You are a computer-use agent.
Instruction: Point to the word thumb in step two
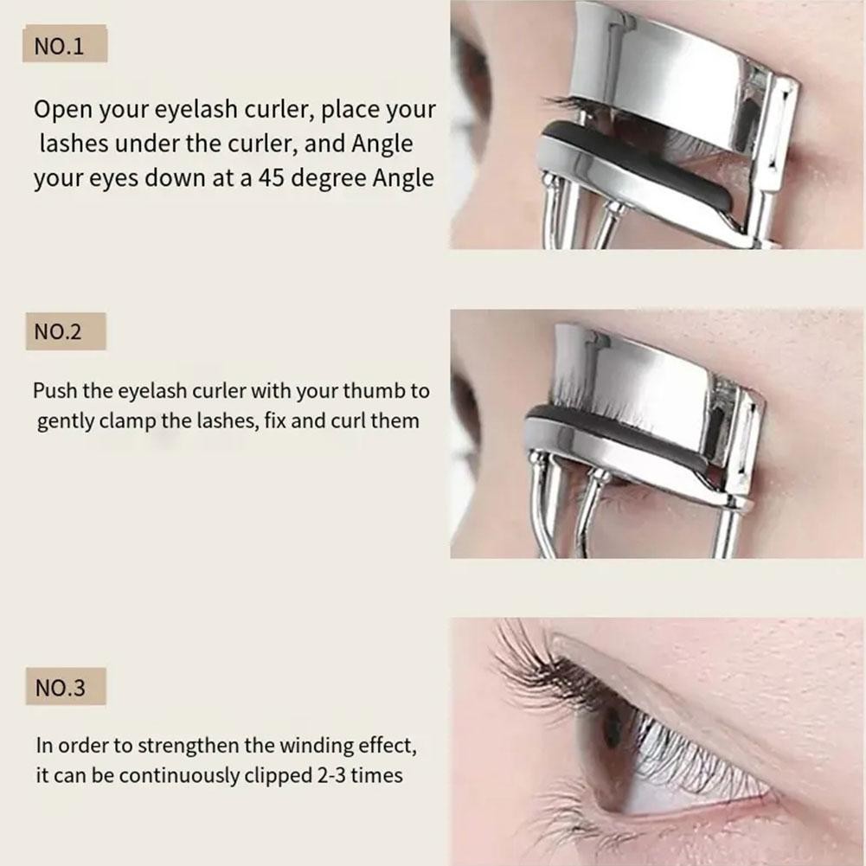tap(374, 391)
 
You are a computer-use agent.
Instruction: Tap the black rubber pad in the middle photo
tap(613, 433)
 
